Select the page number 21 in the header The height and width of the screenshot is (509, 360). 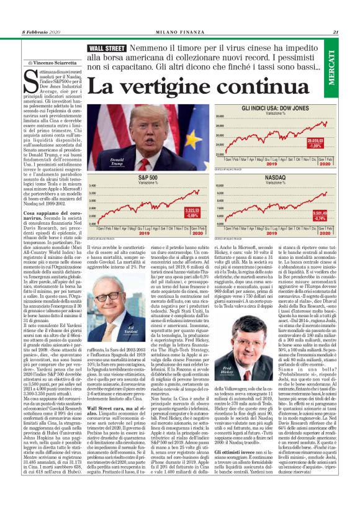(335, 32)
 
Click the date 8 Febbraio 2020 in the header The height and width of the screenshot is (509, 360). (42, 32)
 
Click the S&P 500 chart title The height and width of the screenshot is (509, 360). (148, 178)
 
